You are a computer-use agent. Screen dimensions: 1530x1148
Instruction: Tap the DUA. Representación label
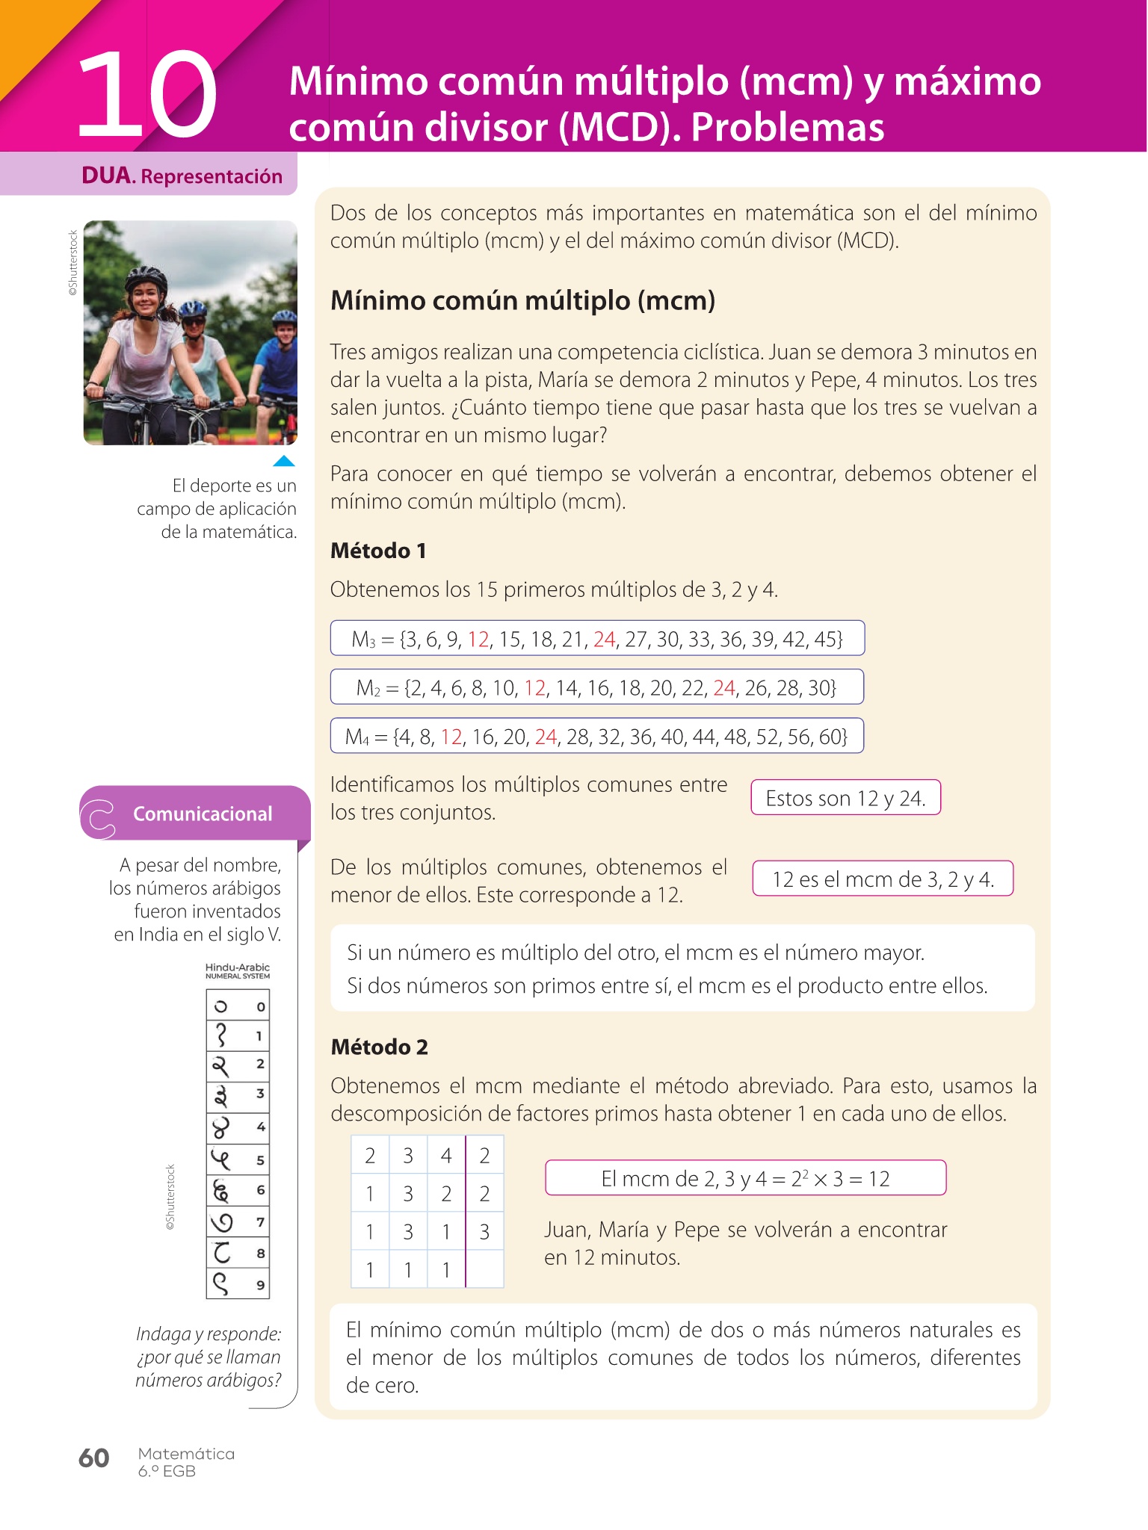(182, 176)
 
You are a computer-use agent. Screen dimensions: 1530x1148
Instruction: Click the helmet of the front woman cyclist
(146, 279)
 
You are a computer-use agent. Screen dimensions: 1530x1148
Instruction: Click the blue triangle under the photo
(284, 461)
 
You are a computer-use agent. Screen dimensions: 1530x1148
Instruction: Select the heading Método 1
(378, 551)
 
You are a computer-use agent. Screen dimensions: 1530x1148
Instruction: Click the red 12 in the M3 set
(478, 639)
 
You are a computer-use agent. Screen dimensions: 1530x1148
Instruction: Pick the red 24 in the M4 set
(546, 737)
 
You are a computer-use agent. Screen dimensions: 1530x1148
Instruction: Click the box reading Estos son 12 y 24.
(845, 798)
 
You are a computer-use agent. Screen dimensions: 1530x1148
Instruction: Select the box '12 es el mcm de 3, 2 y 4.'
(883, 879)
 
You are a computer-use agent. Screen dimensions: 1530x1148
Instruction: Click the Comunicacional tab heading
(202, 814)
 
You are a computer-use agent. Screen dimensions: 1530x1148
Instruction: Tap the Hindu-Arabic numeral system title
(237, 970)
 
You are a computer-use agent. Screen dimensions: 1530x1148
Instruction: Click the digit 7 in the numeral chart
(260, 1222)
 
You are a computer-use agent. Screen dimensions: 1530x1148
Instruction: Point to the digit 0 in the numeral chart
(260, 1007)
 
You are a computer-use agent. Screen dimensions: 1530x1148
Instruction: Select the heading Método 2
(379, 1047)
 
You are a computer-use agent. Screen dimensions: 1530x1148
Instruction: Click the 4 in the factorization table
(446, 1156)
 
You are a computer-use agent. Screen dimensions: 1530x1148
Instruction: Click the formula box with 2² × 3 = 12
(745, 1178)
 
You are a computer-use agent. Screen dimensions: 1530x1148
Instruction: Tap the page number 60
(94, 1458)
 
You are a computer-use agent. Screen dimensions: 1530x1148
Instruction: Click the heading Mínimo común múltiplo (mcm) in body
(522, 300)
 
